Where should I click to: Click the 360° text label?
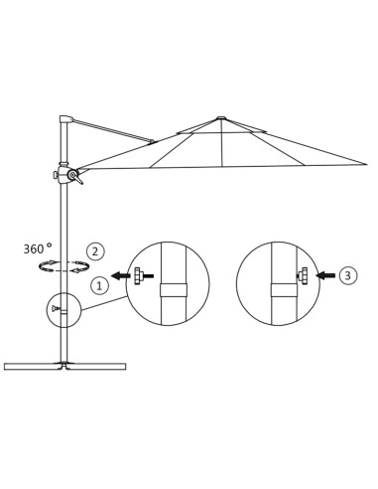pyautogui.click(x=37, y=249)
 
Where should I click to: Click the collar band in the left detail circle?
pyautogui.click(x=174, y=290)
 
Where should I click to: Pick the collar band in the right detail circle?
pyautogui.click(x=284, y=290)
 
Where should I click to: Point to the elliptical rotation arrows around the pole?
pyautogui.click(x=63, y=266)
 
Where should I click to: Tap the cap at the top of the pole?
pyautogui.click(x=65, y=119)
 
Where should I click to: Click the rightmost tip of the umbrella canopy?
pyautogui.click(x=365, y=164)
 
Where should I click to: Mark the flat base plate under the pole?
pyautogui.click(x=64, y=367)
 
